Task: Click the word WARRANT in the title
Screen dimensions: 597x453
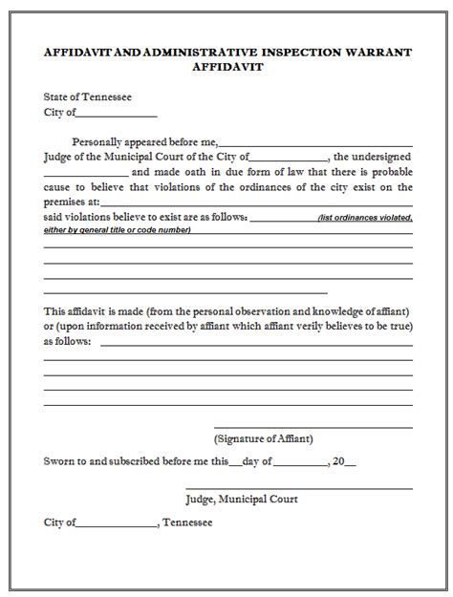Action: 382,53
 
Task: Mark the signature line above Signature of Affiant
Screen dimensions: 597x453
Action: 313,425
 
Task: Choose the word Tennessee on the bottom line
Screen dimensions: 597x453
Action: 189,523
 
